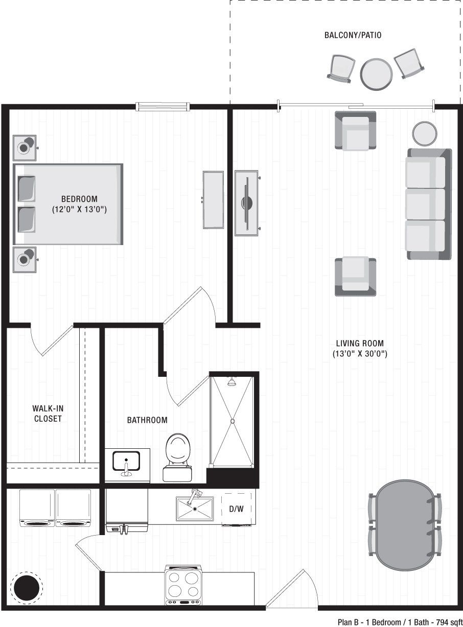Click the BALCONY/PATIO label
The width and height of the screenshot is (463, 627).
click(x=353, y=36)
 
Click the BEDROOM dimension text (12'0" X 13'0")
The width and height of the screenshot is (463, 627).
click(x=79, y=209)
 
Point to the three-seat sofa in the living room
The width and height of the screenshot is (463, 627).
click(x=429, y=204)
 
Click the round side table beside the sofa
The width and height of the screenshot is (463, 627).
click(x=424, y=133)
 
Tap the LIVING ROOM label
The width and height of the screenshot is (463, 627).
click(x=360, y=344)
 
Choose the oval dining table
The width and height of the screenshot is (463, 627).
click(x=404, y=525)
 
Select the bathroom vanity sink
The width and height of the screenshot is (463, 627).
click(x=126, y=461)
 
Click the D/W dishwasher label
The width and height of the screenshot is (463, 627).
click(x=236, y=509)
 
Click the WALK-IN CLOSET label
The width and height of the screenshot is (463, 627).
click(x=48, y=414)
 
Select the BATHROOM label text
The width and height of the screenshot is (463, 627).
click(x=147, y=420)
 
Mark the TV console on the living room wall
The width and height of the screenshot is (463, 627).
click(x=247, y=203)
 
